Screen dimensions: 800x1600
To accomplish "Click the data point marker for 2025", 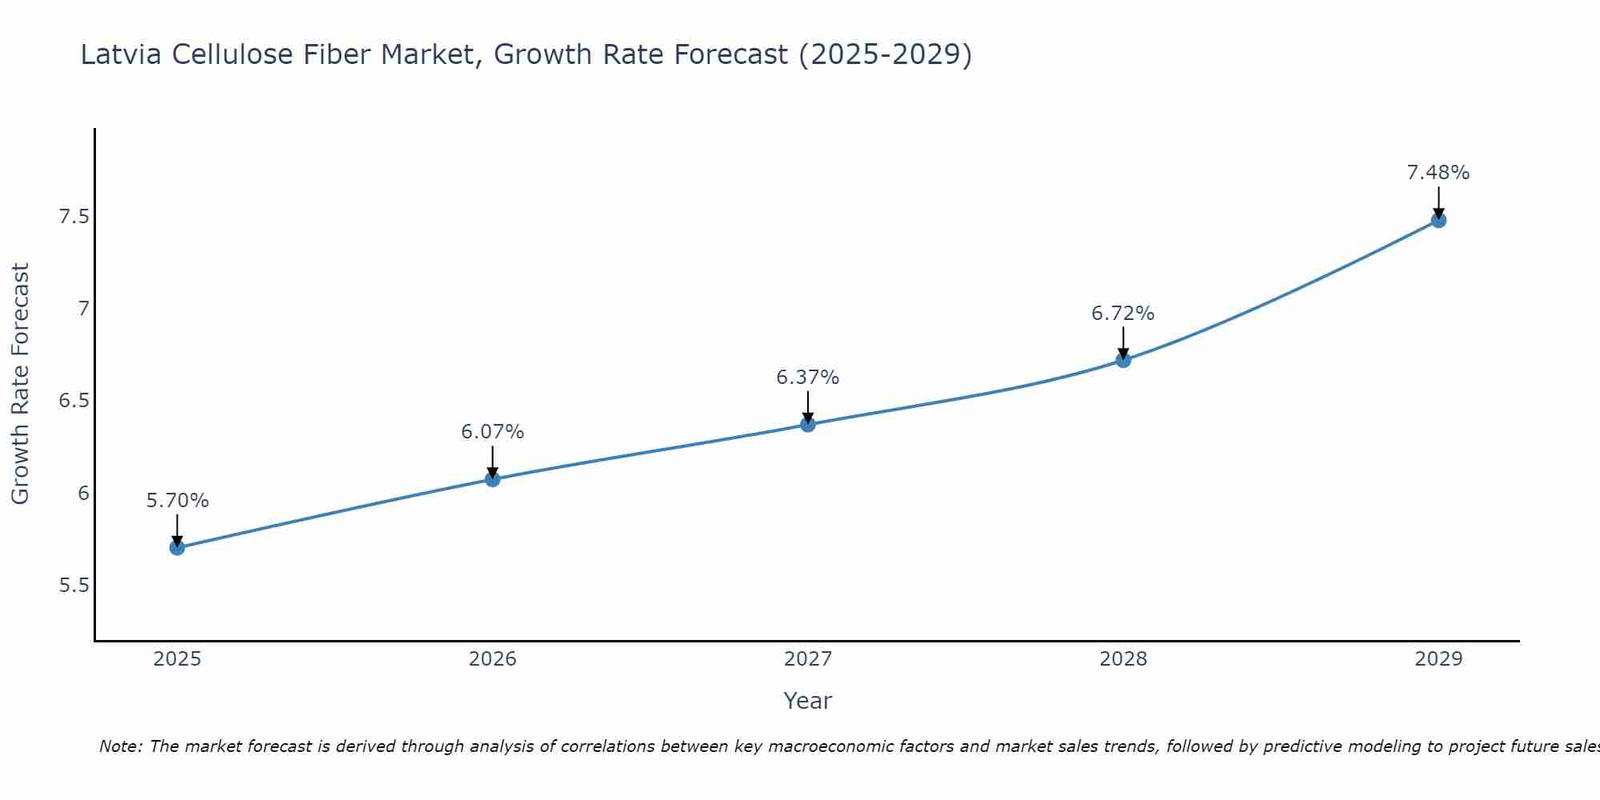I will [178, 547].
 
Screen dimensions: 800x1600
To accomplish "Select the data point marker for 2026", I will [493, 479].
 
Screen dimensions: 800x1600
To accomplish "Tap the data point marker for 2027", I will [808, 424].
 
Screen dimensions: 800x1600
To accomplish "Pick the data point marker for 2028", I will [1123, 360].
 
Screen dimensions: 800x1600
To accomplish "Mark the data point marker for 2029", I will [1438, 220].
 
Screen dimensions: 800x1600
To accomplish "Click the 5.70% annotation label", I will [178, 501].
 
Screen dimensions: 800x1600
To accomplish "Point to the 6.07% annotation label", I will [493, 432].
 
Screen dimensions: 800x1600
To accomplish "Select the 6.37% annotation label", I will [808, 378].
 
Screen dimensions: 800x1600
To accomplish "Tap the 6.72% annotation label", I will [1123, 314].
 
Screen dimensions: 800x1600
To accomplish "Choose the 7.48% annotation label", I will [1438, 173].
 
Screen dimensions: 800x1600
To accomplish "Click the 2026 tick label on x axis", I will [493, 659].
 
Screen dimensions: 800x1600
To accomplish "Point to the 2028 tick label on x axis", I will [1123, 659].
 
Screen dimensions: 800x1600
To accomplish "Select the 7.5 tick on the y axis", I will [74, 217].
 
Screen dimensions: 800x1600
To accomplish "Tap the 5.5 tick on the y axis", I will [74, 586].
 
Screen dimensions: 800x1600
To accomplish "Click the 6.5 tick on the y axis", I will [74, 401].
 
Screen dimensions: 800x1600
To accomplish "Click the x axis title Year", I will [808, 701].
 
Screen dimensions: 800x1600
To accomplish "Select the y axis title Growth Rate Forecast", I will [20, 384].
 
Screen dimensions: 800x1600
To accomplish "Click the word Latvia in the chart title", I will [122, 54].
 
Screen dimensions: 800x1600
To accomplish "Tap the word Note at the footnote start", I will [120, 746].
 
